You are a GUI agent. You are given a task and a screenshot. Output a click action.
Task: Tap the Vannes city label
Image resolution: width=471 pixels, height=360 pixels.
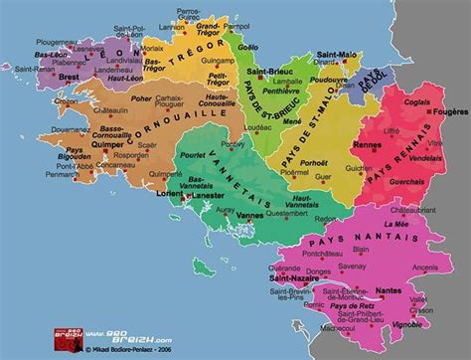pos(236,217)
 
